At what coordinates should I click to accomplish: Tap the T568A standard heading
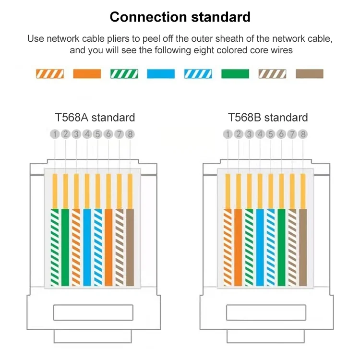(x=95, y=118)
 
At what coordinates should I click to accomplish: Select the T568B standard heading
(x=268, y=118)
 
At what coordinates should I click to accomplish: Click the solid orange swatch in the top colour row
(x=87, y=74)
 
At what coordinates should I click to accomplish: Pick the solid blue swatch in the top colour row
(x=161, y=74)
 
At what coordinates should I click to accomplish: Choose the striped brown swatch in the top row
(x=272, y=74)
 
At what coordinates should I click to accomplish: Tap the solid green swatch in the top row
(x=235, y=74)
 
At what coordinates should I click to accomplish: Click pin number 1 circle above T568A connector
(x=55, y=134)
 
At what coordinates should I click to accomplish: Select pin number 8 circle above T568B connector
(x=303, y=134)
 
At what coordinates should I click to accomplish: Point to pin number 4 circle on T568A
(x=87, y=134)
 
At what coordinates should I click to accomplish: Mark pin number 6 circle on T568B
(x=281, y=134)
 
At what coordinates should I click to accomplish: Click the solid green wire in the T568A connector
(x=65, y=248)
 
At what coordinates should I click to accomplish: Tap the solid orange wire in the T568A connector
(x=108, y=248)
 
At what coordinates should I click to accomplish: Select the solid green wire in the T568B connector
(x=281, y=248)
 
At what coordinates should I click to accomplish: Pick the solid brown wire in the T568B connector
(x=303, y=248)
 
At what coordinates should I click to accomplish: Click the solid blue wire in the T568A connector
(x=87, y=248)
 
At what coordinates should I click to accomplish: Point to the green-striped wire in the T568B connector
(x=249, y=248)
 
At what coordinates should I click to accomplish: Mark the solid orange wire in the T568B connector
(x=238, y=248)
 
